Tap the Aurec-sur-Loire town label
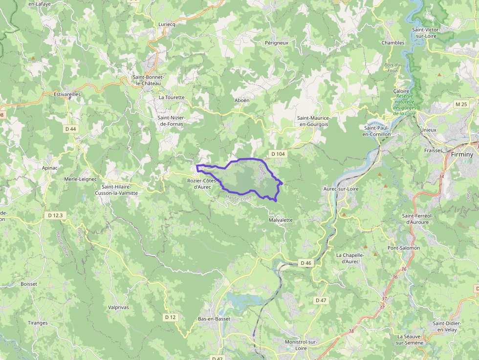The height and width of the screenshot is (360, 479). click(342, 189)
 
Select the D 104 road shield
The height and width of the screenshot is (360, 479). click(277, 154)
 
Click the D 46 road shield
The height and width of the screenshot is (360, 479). click(306, 263)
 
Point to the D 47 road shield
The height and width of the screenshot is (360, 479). click(321, 300)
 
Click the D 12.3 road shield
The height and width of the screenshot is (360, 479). click(56, 215)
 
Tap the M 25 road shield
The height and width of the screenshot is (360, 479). click(461, 104)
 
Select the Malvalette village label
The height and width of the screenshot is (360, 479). click(281, 220)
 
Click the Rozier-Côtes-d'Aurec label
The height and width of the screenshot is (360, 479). click(202, 184)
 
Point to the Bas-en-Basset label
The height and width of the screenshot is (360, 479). click(214, 319)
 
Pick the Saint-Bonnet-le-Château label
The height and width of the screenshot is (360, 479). click(149, 80)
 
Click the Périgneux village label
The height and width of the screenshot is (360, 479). click(277, 42)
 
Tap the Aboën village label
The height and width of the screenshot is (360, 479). click(241, 100)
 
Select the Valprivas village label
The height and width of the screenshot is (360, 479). click(119, 307)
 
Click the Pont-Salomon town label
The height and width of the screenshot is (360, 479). click(404, 248)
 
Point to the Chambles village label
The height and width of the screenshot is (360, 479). click(393, 42)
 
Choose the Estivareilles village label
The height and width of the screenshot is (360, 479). click(67, 94)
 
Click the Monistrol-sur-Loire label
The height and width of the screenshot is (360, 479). click(301, 345)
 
